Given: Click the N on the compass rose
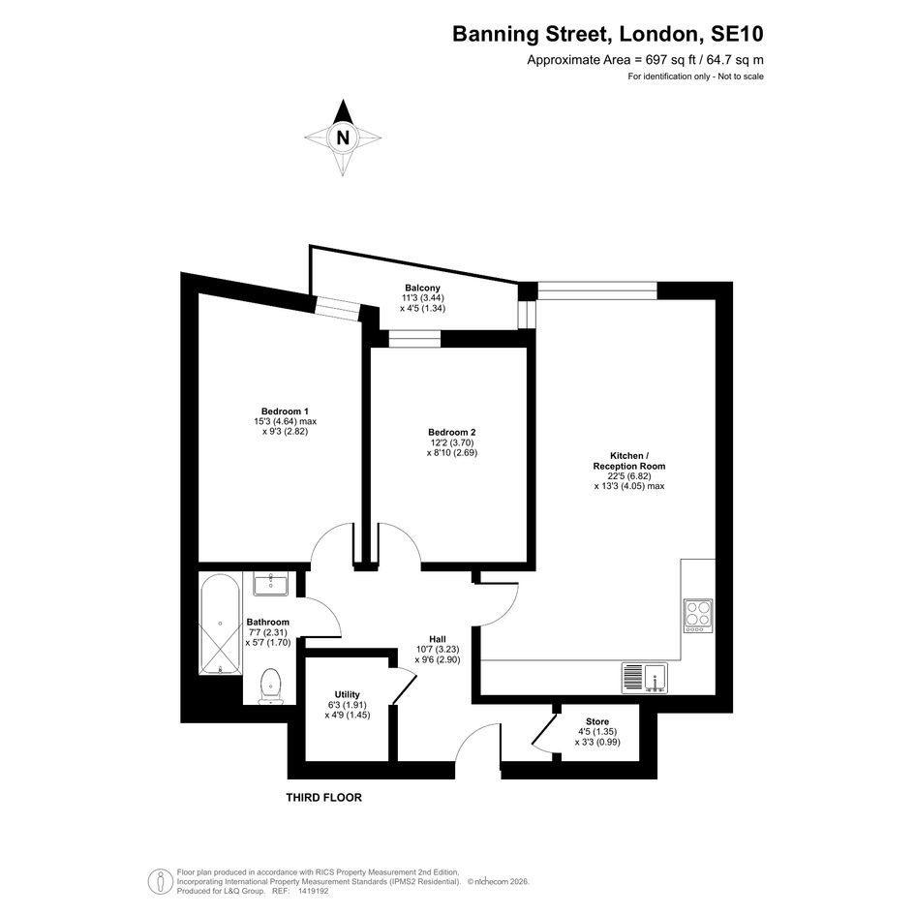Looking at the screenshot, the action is click(x=343, y=137).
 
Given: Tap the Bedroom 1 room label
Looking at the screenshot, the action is click(x=285, y=412).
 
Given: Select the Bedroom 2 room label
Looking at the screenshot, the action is click(x=451, y=433).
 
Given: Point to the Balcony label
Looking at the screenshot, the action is click(x=422, y=288).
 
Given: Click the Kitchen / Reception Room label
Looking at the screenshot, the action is click(x=629, y=461).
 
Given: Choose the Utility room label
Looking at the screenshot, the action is click(x=348, y=694).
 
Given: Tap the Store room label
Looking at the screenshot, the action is click(x=597, y=722).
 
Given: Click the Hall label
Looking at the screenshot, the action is click(x=438, y=640).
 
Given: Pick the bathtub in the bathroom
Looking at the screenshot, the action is click(x=220, y=625).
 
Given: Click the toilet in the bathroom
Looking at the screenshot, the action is click(x=271, y=686).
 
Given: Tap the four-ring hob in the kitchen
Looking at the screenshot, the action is click(x=698, y=616).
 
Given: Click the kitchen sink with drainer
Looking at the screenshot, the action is click(x=644, y=678).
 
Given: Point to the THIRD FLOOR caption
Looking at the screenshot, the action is click(x=323, y=797).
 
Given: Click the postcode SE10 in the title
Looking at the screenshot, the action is click(x=737, y=34).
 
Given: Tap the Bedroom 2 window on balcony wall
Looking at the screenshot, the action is click(x=415, y=339).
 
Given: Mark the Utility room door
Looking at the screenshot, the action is click(x=404, y=686).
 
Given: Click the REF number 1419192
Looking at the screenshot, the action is click(x=314, y=891).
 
